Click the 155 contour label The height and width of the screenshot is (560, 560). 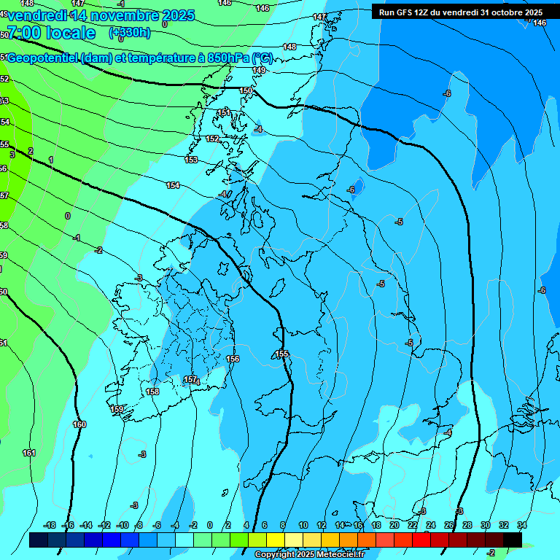click(282, 354)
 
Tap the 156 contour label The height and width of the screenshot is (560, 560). click(233, 359)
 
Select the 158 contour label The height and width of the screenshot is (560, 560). click(152, 392)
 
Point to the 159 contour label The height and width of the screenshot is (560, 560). click(117, 409)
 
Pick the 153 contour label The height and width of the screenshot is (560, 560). click(191, 160)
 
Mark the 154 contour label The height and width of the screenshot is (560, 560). click(173, 185)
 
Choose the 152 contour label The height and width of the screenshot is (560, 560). click(212, 139)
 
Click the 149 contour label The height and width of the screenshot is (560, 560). click(259, 70)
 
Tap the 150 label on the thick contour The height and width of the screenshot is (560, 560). click(246, 90)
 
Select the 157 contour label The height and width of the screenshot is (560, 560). click(190, 379)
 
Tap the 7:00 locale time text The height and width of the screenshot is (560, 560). click(51, 33)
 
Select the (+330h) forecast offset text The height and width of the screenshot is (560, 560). click(129, 32)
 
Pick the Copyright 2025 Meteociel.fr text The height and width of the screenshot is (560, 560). click(309, 555)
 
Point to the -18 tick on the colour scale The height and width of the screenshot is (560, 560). click(50, 525)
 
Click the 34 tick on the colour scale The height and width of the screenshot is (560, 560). click(521, 525)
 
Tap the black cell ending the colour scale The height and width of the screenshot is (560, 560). click(513, 540)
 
